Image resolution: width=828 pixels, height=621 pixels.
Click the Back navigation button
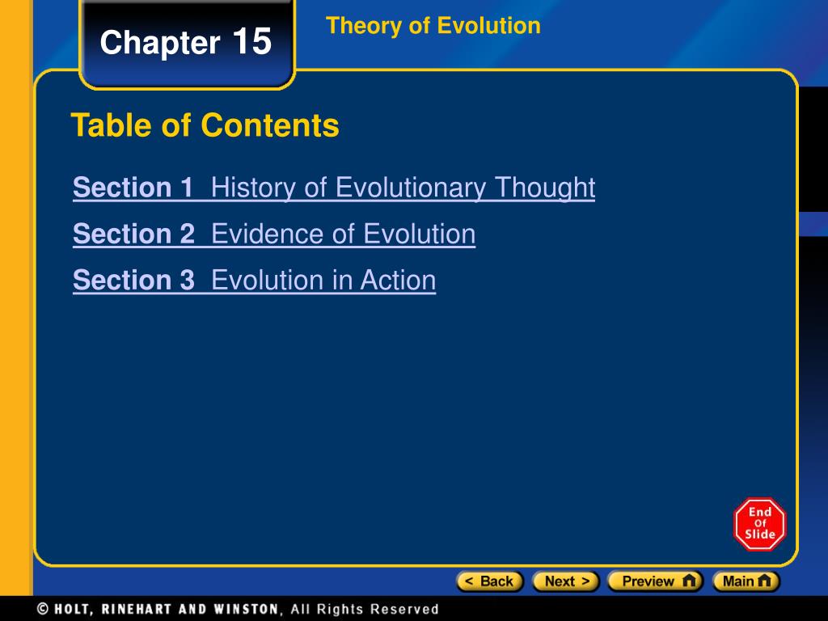[x=489, y=581]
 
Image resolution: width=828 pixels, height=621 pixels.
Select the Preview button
[x=655, y=581]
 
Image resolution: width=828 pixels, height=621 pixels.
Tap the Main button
[x=746, y=581]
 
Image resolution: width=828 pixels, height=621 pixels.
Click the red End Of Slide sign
[x=760, y=524]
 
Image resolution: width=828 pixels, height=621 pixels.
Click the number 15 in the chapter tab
[x=251, y=41]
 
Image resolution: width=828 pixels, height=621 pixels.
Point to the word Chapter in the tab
[x=160, y=42]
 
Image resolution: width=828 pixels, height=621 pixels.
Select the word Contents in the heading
[x=270, y=125]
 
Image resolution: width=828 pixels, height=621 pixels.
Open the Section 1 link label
[x=133, y=187]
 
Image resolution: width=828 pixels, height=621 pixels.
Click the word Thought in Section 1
[x=545, y=188]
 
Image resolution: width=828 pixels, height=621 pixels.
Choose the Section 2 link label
[x=133, y=234]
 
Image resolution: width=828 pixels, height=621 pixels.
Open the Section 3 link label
[x=133, y=280]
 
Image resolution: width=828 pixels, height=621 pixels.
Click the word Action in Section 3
[x=398, y=280]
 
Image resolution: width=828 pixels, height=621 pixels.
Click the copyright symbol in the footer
[x=44, y=609]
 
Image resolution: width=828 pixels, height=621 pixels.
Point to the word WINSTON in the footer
[x=246, y=609]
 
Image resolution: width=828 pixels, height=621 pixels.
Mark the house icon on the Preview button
[x=689, y=581]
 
